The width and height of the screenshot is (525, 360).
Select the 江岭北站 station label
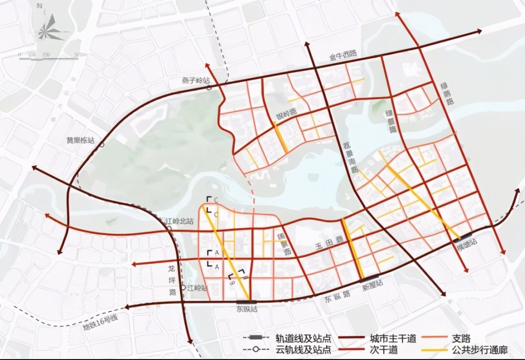click(x=175, y=221)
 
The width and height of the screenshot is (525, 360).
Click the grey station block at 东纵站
click(x=246, y=301)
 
